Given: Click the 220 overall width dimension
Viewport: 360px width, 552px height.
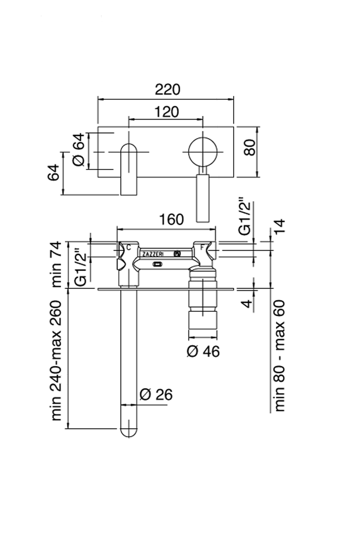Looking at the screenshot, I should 168,89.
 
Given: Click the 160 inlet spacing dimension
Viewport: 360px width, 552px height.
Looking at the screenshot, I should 171,219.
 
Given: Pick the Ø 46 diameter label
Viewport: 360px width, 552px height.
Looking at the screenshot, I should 203,351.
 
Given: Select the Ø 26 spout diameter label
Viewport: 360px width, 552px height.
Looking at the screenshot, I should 156,395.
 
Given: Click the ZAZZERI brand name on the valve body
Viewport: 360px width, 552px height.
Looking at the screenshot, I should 152,254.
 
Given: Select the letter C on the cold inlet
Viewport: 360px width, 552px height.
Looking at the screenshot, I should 128,247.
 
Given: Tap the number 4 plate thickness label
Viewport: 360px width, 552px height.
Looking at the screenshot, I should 248,303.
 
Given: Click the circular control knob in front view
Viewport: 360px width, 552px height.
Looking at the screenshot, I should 203,152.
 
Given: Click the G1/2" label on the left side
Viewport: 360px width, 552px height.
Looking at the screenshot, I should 81,268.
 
